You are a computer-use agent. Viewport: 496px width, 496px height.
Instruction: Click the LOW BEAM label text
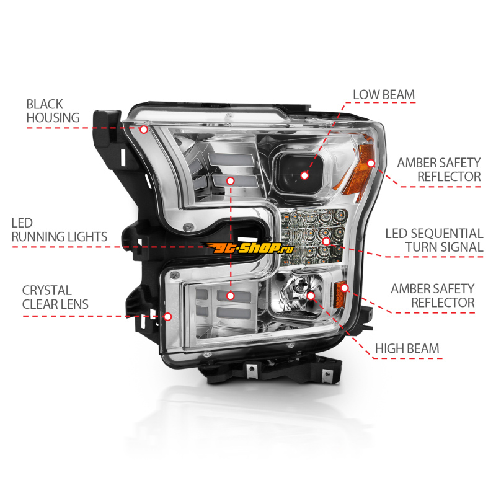384,95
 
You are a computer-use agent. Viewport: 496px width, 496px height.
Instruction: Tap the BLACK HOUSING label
53,111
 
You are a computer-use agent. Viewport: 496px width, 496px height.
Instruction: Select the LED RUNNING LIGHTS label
59,230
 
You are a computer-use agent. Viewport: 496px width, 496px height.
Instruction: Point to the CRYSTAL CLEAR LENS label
55,298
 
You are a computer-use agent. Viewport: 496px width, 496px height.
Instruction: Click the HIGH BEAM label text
407,348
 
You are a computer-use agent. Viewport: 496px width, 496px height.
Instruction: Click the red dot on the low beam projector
304,175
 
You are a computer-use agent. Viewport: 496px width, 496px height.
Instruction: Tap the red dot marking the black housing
144,129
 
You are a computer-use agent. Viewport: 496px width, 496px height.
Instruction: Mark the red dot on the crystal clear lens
167,316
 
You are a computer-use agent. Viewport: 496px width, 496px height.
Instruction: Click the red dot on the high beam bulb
311,296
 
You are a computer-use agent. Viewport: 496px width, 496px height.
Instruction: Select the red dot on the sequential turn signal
326,241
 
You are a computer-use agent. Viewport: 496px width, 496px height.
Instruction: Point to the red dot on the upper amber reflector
371,163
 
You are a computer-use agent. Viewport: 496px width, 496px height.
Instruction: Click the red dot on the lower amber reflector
345,288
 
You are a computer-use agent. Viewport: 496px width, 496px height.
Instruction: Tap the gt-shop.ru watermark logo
250,248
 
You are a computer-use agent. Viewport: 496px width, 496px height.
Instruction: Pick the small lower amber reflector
340,294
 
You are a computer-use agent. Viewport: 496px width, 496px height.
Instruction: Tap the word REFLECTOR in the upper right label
449,177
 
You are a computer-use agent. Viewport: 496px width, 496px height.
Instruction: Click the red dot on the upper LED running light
230,180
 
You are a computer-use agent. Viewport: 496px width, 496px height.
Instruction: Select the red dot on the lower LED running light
230,296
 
